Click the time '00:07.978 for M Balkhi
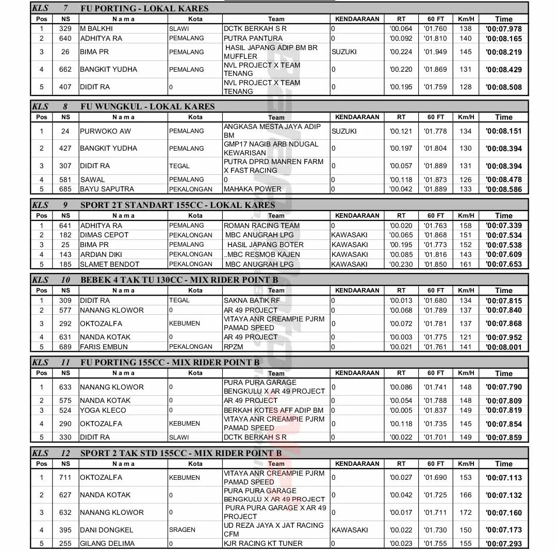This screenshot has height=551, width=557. click(504, 29)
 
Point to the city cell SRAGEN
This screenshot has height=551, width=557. click(182, 530)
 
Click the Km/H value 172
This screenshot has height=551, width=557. click(466, 512)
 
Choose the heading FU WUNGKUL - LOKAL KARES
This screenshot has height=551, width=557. click(148, 107)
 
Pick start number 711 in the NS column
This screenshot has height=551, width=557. click(65, 477)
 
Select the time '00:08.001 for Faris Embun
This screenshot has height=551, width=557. click(504, 347)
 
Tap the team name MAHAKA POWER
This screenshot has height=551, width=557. click(253, 189)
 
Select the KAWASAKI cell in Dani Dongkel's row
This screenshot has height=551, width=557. click(350, 530)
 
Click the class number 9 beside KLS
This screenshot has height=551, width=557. click(65, 205)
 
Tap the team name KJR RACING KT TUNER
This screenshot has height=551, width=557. click(263, 543)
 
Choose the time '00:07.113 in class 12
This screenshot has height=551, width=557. click(504, 478)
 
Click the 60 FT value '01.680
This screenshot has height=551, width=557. click(435, 300)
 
